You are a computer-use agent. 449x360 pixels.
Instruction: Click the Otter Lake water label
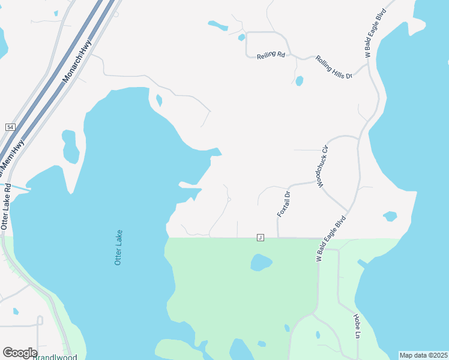[x=119, y=247]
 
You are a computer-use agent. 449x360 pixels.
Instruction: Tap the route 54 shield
[x=10, y=127]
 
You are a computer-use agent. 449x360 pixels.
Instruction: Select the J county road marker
[x=261, y=238]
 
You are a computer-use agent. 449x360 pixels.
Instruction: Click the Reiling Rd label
[x=270, y=55]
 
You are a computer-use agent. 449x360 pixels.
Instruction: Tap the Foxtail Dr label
[x=283, y=204]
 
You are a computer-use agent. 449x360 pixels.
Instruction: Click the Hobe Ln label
[x=356, y=325]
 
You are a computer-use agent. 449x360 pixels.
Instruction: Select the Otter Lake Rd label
[x=7, y=206]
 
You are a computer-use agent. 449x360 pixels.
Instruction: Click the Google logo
[x=20, y=352]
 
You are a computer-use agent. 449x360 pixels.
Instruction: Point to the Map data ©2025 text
[x=423, y=355]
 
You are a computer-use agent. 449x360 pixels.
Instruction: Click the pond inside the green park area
[x=261, y=262]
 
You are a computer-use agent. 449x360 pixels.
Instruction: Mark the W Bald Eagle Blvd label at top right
[x=376, y=34]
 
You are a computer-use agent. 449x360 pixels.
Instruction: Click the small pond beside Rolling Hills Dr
[x=299, y=81]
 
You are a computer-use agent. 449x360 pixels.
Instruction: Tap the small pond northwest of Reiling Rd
[x=218, y=26]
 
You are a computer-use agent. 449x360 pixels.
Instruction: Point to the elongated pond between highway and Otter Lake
[x=71, y=146]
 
